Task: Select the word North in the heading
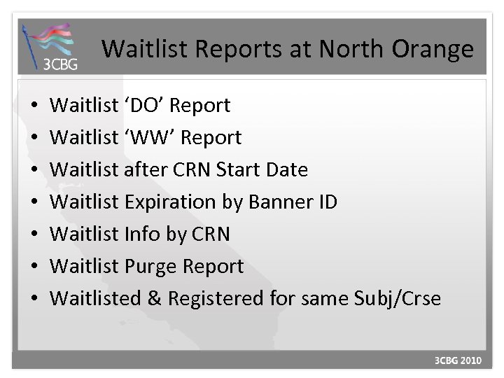[339, 49]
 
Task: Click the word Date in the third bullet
[286, 170]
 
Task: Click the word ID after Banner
[326, 202]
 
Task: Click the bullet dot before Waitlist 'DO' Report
[35, 106]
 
